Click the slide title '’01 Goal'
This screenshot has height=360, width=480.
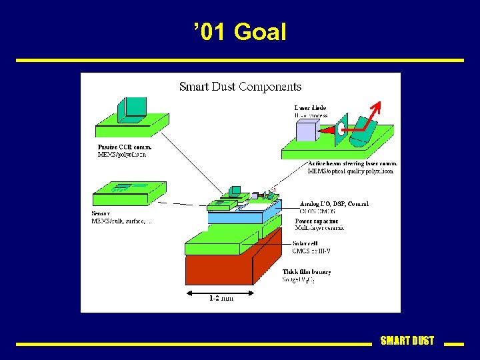(x=240, y=32)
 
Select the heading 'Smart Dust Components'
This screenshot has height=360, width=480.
(x=240, y=87)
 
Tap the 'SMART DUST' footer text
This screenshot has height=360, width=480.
(x=407, y=341)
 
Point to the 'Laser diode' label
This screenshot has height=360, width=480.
(x=311, y=107)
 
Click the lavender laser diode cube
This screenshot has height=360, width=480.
(x=307, y=131)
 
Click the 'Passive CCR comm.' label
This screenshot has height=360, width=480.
(x=125, y=147)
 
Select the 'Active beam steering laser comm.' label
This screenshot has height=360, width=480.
(x=353, y=163)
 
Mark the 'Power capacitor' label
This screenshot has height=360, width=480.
(x=317, y=221)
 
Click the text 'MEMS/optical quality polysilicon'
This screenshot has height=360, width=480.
(x=351, y=171)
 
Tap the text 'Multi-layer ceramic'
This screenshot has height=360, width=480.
(x=319, y=228)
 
